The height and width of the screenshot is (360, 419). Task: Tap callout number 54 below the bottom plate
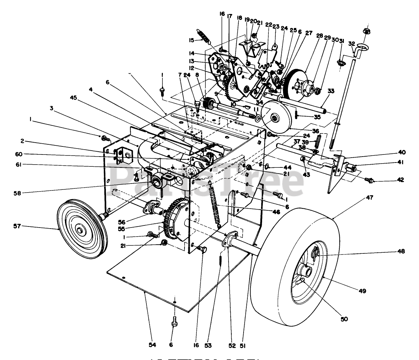(152, 345)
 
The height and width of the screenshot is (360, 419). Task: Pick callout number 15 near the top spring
(192, 40)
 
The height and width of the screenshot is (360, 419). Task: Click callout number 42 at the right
(400, 180)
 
